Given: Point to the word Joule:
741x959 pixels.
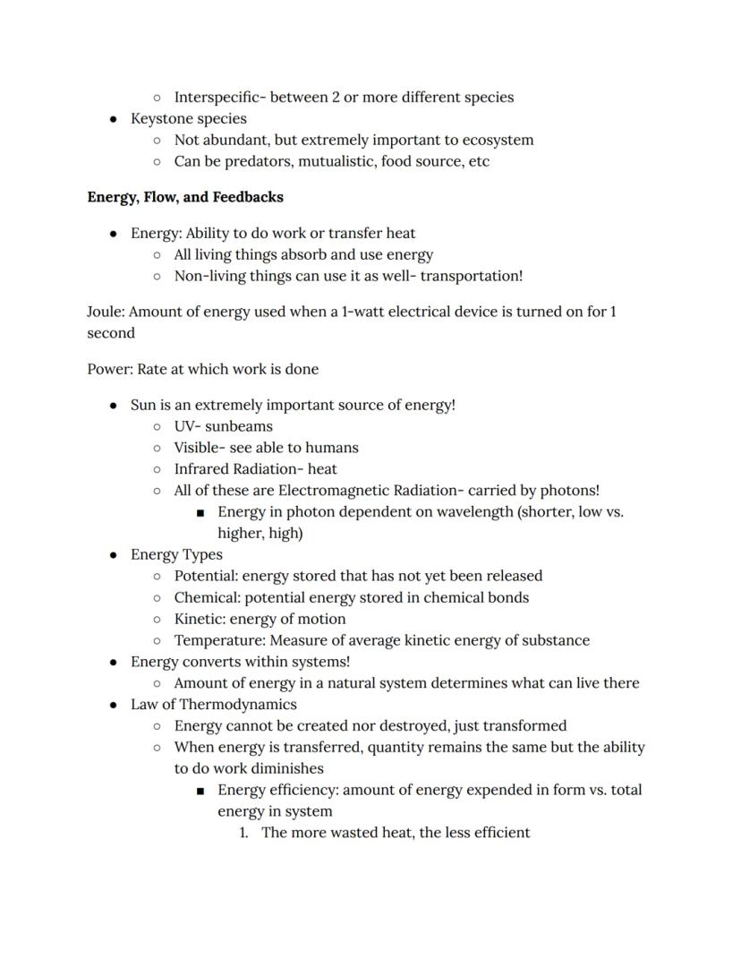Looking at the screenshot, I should [x=106, y=312].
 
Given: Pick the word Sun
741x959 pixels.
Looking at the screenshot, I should [x=143, y=405].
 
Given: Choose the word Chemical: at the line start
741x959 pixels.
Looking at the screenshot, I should [x=207, y=597].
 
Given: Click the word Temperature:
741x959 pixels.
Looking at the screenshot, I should [x=219, y=640].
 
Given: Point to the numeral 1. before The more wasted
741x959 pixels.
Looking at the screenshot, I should [x=243, y=833].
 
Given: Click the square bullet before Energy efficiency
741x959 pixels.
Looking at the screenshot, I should [x=200, y=791].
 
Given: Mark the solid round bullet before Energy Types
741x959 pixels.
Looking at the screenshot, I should [x=113, y=555].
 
